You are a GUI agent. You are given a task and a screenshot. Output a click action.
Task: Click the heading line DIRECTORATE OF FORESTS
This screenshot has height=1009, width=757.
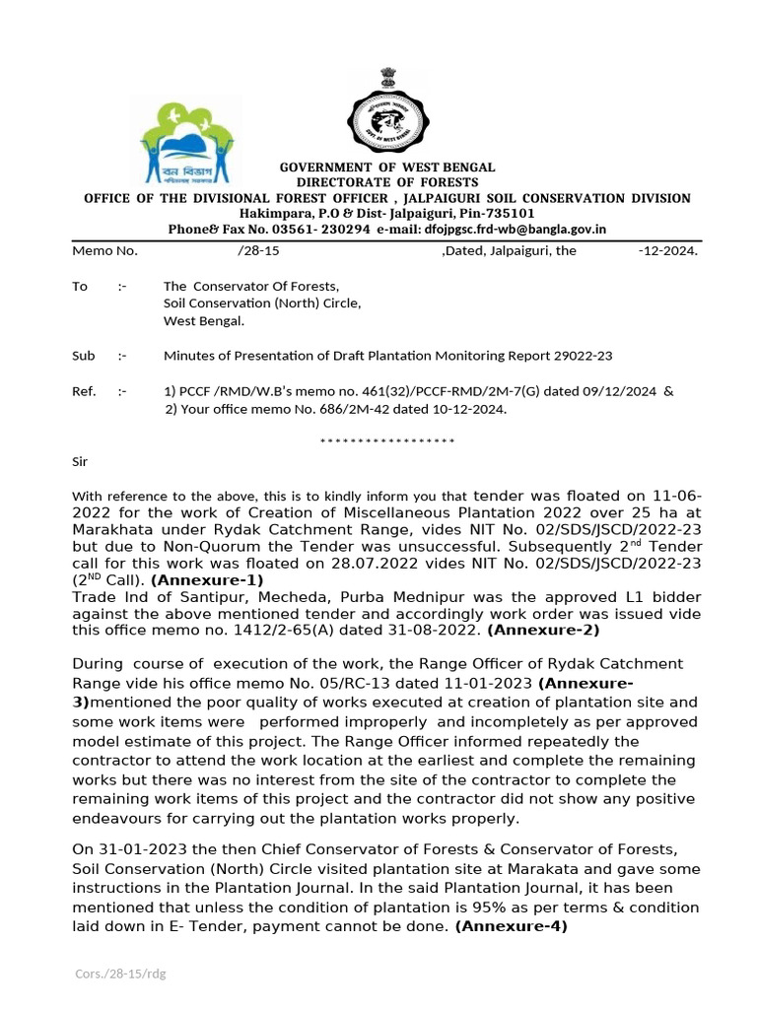(387, 182)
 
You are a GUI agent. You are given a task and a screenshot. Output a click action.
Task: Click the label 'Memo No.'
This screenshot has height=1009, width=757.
(104, 251)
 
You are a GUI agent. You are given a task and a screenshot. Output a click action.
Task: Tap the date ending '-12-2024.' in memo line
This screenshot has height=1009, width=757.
(667, 251)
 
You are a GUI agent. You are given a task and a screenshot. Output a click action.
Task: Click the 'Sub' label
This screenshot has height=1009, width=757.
(84, 356)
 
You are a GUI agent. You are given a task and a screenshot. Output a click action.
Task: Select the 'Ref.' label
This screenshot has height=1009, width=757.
(85, 391)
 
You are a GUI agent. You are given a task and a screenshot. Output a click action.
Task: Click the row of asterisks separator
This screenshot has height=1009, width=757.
(387, 439)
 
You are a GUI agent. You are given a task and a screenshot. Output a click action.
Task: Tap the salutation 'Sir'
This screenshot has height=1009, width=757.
(80, 460)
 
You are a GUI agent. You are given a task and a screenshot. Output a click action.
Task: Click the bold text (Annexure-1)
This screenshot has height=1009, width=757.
(207, 580)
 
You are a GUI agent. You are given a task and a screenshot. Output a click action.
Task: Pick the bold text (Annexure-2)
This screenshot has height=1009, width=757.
(543, 629)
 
